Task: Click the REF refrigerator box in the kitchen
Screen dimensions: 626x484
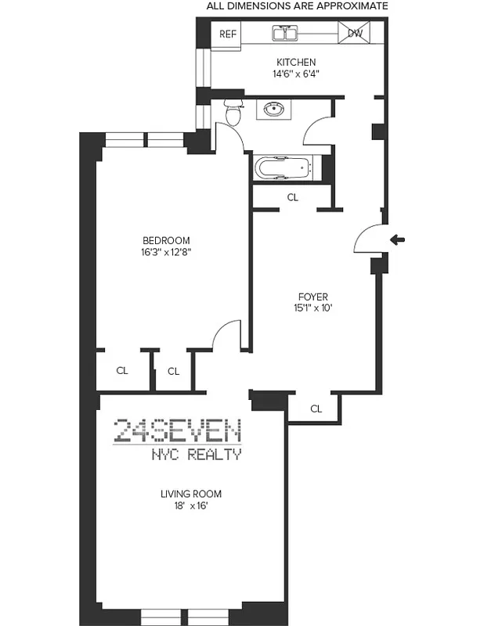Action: [x=228, y=34]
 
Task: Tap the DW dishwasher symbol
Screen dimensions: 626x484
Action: [x=354, y=34]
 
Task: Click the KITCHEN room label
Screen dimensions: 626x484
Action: [x=295, y=63]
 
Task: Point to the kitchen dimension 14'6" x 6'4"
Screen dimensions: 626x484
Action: [x=295, y=74]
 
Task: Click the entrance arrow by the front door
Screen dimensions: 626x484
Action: [x=398, y=239]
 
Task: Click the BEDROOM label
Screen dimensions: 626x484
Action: [x=165, y=240]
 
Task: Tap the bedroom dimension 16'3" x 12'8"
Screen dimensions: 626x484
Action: [x=165, y=252]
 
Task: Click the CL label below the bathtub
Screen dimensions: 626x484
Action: [x=292, y=198]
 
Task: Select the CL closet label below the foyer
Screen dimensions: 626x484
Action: [x=316, y=408]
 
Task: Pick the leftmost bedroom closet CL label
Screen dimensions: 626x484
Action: [x=121, y=371]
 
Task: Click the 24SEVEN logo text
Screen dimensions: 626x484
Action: [x=177, y=431]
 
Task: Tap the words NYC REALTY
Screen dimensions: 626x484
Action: [x=195, y=455]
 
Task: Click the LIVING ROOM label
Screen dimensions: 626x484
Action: [x=191, y=494]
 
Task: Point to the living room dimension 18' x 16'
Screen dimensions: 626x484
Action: [x=191, y=506]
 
